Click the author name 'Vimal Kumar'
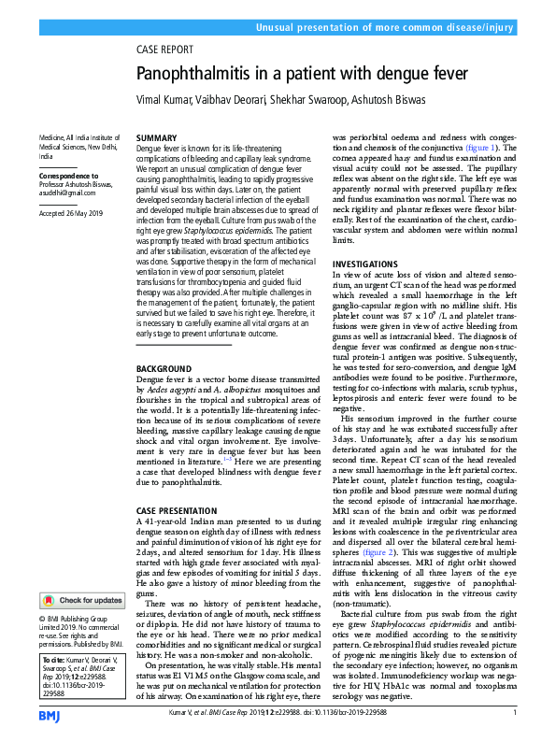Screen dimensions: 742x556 click(x=166, y=100)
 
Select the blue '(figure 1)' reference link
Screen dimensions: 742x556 click(x=483, y=148)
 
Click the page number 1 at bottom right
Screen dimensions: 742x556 click(x=515, y=714)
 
